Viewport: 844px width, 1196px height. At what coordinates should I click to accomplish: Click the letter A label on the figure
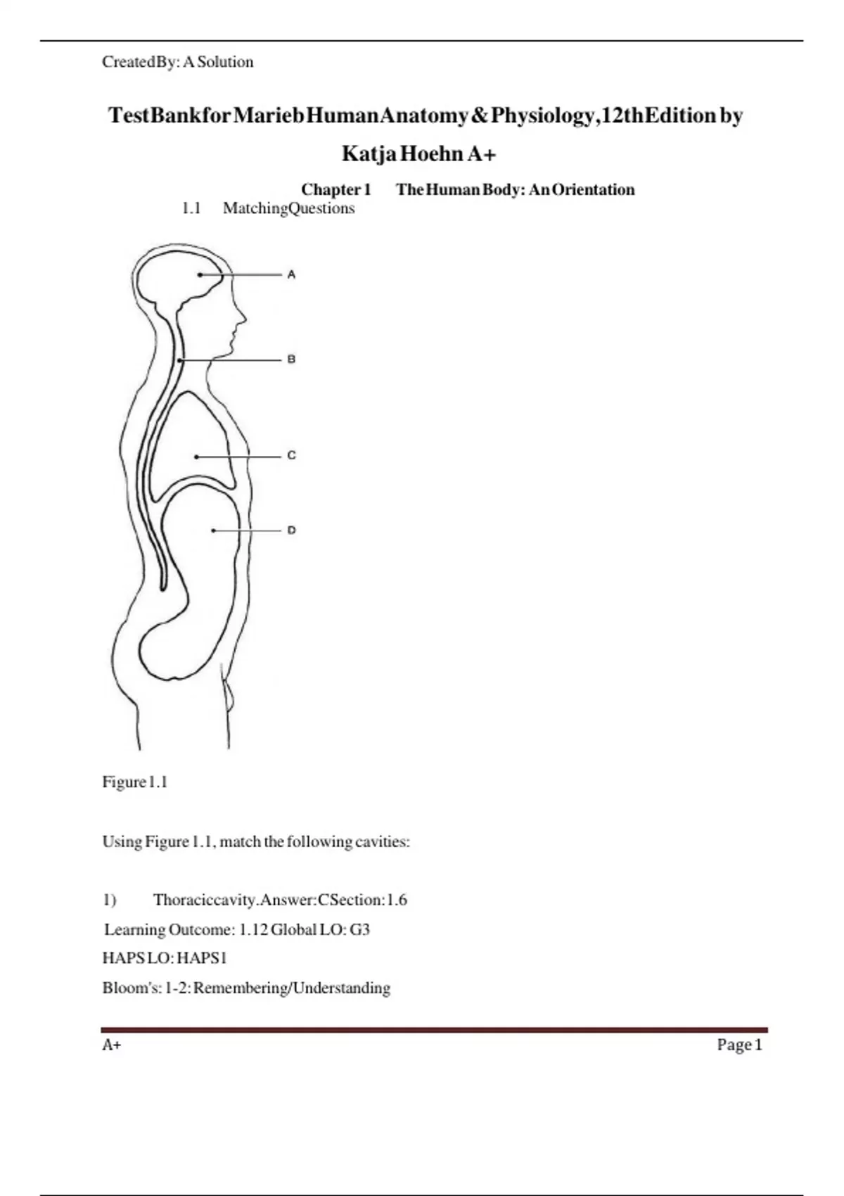(291, 274)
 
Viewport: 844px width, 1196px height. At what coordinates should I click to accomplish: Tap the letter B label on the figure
(291, 360)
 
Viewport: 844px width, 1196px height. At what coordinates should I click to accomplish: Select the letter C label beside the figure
(291, 456)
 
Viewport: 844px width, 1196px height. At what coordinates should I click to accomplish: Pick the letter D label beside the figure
(291, 530)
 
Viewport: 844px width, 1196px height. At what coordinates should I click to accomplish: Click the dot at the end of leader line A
(200, 275)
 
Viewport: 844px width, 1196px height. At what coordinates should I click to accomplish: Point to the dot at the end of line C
(196, 457)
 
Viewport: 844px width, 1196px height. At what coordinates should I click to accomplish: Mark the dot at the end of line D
(213, 530)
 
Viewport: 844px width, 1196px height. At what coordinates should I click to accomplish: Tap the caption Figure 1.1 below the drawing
(135, 782)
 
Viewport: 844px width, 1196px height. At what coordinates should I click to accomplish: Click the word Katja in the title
(369, 153)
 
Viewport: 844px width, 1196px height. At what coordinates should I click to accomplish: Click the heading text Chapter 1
(336, 190)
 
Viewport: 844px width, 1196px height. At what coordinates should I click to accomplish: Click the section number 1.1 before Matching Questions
(191, 208)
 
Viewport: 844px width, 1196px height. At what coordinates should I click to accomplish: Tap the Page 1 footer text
(739, 1045)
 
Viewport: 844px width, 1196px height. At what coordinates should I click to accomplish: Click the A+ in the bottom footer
(112, 1045)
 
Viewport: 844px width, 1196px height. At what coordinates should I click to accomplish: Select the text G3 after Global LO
(359, 929)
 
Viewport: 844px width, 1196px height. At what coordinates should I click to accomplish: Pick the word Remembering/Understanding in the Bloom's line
(292, 988)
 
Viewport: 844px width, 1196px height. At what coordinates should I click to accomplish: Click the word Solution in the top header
(225, 62)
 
